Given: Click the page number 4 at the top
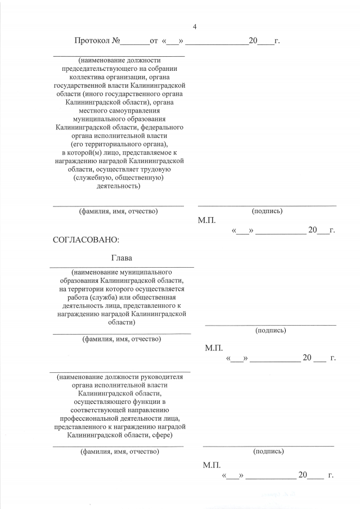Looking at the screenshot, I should click(x=195, y=27).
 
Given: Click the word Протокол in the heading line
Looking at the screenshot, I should click(x=93, y=41).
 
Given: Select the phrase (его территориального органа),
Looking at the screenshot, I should click(x=118, y=144).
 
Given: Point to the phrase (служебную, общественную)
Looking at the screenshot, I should click(x=118, y=178).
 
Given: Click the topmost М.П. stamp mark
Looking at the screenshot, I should click(x=206, y=221).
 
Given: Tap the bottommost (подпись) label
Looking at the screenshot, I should click(x=268, y=451).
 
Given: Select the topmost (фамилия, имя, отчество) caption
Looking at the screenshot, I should click(x=118, y=211).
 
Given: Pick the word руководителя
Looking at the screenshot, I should click(x=161, y=377).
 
